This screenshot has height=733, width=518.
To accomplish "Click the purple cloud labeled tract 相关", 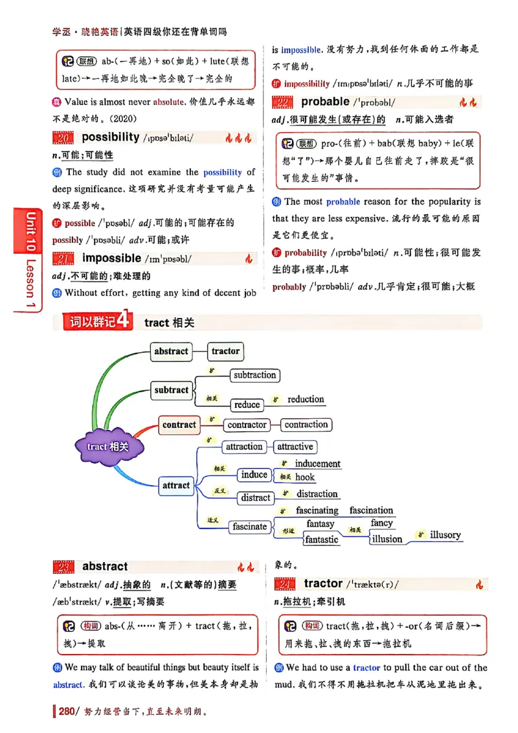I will [x=108, y=446].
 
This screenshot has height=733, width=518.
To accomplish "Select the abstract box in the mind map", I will [x=171, y=352].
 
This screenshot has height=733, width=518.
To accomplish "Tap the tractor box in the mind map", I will [x=225, y=352].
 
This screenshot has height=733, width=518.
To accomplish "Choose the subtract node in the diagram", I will [x=172, y=390].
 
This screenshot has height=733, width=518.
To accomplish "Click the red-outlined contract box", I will [x=179, y=425].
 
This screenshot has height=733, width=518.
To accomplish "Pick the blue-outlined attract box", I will [x=176, y=485].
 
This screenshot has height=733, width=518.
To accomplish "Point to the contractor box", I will [x=247, y=425].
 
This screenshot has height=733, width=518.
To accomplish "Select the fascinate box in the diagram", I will [x=250, y=526].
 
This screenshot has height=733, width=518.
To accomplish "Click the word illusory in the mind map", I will [x=445, y=535].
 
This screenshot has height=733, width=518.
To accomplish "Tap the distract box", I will [x=256, y=497].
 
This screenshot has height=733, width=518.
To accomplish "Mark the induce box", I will [x=254, y=475].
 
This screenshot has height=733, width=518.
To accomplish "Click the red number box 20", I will [x=63, y=137].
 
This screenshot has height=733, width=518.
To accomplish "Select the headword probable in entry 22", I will [x=325, y=102].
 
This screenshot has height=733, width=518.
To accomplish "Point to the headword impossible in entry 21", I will [x=111, y=258].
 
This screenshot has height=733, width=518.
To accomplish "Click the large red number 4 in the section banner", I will [x=125, y=322].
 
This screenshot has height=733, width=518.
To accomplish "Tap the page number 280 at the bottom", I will [x=67, y=712].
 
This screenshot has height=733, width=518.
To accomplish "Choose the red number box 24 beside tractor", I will [x=285, y=584].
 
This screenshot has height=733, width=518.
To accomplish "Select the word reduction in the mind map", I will [x=306, y=400].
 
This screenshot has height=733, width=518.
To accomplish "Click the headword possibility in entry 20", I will [x=111, y=137].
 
